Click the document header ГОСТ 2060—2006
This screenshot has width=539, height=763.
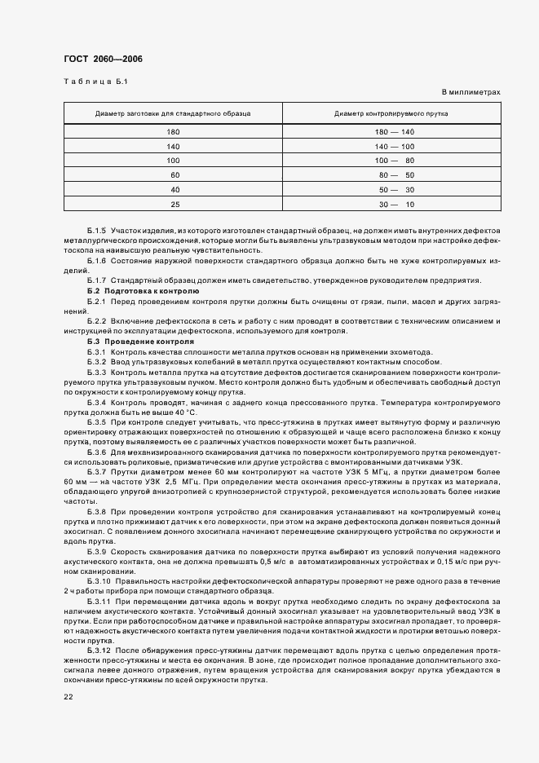[x=96, y=59]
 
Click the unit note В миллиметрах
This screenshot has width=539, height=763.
[x=471, y=93]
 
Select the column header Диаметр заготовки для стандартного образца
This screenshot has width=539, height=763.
[x=173, y=112]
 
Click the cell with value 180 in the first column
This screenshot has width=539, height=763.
[x=173, y=132]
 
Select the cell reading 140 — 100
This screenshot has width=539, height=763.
[x=395, y=146]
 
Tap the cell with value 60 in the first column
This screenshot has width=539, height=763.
[x=174, y=174]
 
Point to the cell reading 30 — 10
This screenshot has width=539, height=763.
[x=395, y=203]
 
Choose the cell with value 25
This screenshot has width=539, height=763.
[x=174, y=203]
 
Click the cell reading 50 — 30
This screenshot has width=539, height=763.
[x=395, y=189]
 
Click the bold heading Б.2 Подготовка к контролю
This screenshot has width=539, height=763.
[x=143, y=291]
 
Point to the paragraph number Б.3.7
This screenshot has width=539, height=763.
[x=97, y=472]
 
